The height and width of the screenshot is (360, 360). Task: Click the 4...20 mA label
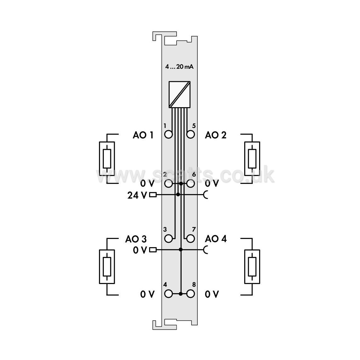tap(179, 67)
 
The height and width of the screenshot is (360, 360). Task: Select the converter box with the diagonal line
tap(180, 94)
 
